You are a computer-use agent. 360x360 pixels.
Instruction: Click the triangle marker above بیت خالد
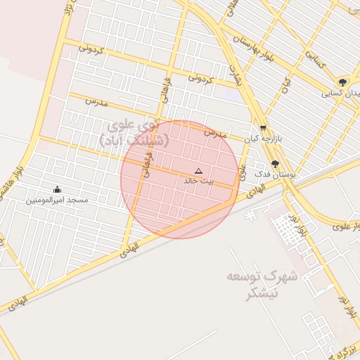coord(198,171)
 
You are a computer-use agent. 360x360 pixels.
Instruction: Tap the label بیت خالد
coord(196,181)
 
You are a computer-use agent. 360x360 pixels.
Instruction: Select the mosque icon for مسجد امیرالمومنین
coord(57,189)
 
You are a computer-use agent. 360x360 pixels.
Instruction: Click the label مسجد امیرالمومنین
coord(57,200)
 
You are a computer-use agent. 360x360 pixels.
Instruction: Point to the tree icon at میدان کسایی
coord(342,82)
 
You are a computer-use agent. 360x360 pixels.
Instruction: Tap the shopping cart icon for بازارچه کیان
coord(263,128)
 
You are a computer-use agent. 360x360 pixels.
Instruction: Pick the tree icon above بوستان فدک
coord(274,162)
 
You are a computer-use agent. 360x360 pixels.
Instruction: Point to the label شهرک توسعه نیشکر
coord(262,285)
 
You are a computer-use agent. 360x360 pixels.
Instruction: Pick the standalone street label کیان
coord(286,86)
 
